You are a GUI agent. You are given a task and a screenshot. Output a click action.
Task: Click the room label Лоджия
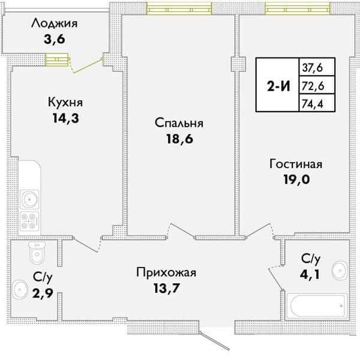[55, 25]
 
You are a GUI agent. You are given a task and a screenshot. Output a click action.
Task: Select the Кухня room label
[65, 102]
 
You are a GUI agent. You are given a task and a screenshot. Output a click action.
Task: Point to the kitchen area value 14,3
[65, 118]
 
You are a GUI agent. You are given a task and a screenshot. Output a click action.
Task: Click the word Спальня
[179, 123]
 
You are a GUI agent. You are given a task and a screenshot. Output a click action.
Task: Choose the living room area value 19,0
[296, 179]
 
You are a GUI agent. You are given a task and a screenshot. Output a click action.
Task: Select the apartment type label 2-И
[278, 85]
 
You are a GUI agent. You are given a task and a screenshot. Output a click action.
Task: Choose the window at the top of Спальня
[179, 9]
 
